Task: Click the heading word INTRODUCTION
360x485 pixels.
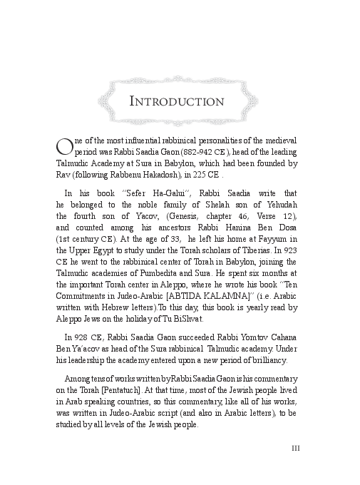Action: click(x=176, y=101)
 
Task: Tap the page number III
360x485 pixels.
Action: click(x=298, y=448)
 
